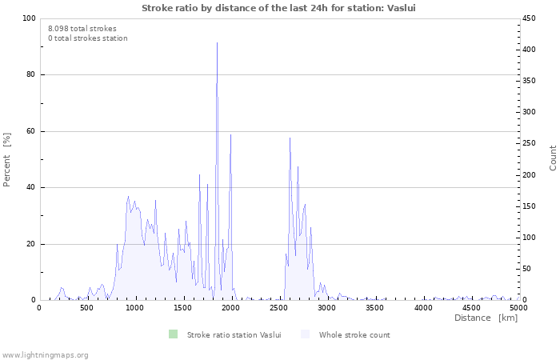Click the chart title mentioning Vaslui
(278, 8)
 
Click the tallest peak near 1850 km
(217, 43)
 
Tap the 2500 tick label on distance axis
(278, 308)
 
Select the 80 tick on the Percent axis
(31, 74)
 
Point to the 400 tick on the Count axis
(529, 50)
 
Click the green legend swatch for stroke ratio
(174, 334)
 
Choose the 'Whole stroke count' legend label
(354, 335)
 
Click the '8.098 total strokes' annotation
(82, 29)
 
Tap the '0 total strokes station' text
(88, 38)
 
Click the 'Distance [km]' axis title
(486, 318)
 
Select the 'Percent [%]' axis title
(6, 160)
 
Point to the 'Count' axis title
(553, 158)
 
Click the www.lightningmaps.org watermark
(45, 355)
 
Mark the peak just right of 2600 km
(290, 138)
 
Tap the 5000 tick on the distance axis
(518, 308)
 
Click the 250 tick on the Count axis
(529, 143)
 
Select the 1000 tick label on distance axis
(134, 308)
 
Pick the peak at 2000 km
(230, 134)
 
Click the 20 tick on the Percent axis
(31, 244)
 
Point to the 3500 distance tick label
(374, 308)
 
